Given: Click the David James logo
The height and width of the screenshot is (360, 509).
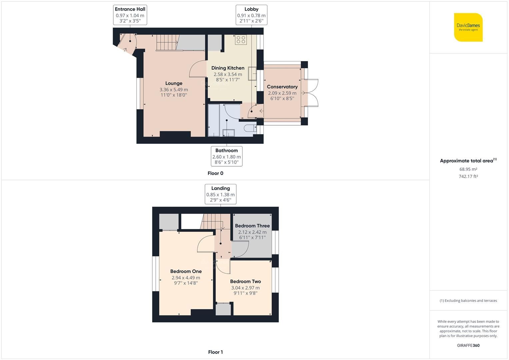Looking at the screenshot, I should [468, 27].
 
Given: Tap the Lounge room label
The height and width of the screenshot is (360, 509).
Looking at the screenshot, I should [174, 83].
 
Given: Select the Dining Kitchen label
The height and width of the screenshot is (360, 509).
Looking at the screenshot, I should [228, 68].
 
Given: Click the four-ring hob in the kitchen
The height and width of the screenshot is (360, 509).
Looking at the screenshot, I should [241, 40].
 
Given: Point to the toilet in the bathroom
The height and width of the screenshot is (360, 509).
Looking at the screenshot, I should [249, 129].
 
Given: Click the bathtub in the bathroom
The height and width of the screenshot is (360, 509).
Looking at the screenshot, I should [214, 120].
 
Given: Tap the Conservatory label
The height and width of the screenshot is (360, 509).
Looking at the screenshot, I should [282, 87].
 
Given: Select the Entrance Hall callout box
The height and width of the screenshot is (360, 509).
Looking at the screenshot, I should [130, 15].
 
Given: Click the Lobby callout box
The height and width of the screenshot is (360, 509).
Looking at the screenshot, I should [251, 15].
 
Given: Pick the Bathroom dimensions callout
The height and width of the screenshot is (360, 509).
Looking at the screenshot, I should [227, 156].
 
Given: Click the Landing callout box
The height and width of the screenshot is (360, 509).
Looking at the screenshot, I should [220, 194].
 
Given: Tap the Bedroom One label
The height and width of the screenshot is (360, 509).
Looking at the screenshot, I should [186, 271].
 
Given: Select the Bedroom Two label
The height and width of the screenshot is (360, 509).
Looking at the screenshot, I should [245, 281].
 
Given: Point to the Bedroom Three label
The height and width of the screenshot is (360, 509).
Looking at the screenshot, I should [252, 226].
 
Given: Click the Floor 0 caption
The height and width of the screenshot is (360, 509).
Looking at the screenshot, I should [215, 173].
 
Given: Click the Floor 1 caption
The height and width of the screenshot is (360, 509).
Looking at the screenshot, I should [215, 352].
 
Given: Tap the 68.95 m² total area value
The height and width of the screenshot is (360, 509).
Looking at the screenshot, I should [468, 169].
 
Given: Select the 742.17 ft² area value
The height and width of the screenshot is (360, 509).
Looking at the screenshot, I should [468, 177].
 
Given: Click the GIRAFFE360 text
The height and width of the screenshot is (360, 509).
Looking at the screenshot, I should [468, 345].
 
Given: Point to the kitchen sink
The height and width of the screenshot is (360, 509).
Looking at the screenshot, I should [252, 74].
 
